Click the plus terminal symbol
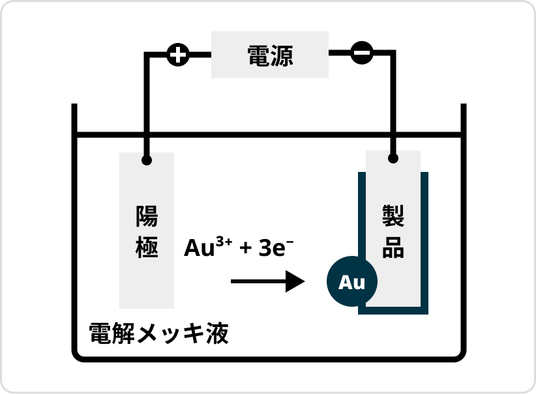click(177, 55)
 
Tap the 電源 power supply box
click(270, 55)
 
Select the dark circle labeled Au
click(352, 283)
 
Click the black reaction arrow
click(268, 281)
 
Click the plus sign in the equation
click(246, 249)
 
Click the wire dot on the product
click(393, 158)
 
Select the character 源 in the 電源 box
click(282, 55)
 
